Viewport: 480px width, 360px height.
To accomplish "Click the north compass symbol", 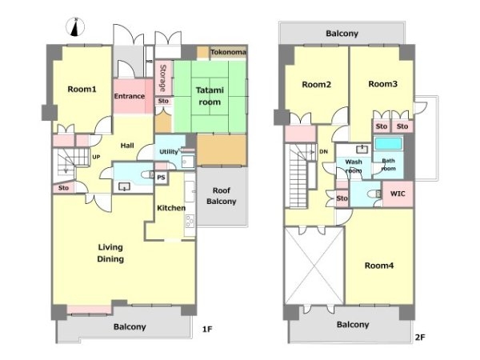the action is pos(75,27).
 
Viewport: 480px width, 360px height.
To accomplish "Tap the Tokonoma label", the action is pos(228,52).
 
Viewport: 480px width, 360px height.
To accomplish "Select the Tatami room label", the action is pos(210,96).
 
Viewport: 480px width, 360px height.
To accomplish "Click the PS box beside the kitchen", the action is pos(161,178).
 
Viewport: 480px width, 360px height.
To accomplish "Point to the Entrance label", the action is pos(129,96).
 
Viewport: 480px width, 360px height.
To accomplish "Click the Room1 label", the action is pos(82,89).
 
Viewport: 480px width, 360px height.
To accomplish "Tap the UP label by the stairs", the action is pos(96,157).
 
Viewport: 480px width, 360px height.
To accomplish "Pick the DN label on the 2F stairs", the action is pos(323,151).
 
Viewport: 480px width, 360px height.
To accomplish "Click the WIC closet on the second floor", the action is pos(398,194).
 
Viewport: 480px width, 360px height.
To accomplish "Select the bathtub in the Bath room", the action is pos(389,143).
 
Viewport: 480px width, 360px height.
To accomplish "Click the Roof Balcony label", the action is pos(222,196).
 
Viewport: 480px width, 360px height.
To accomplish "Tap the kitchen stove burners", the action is pos(190,221).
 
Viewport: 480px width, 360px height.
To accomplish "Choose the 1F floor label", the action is pos(207,330).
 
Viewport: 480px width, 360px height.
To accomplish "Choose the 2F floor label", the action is pos(420,338).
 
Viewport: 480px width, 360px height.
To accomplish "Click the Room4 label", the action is pos(379,266).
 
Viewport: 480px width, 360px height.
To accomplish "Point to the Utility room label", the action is pos(169,151).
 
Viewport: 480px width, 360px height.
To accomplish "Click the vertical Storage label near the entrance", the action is pos(163,78).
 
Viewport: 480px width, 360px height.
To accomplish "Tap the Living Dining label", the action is pos(110,253).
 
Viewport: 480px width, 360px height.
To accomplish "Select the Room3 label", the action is pos(382,84).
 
